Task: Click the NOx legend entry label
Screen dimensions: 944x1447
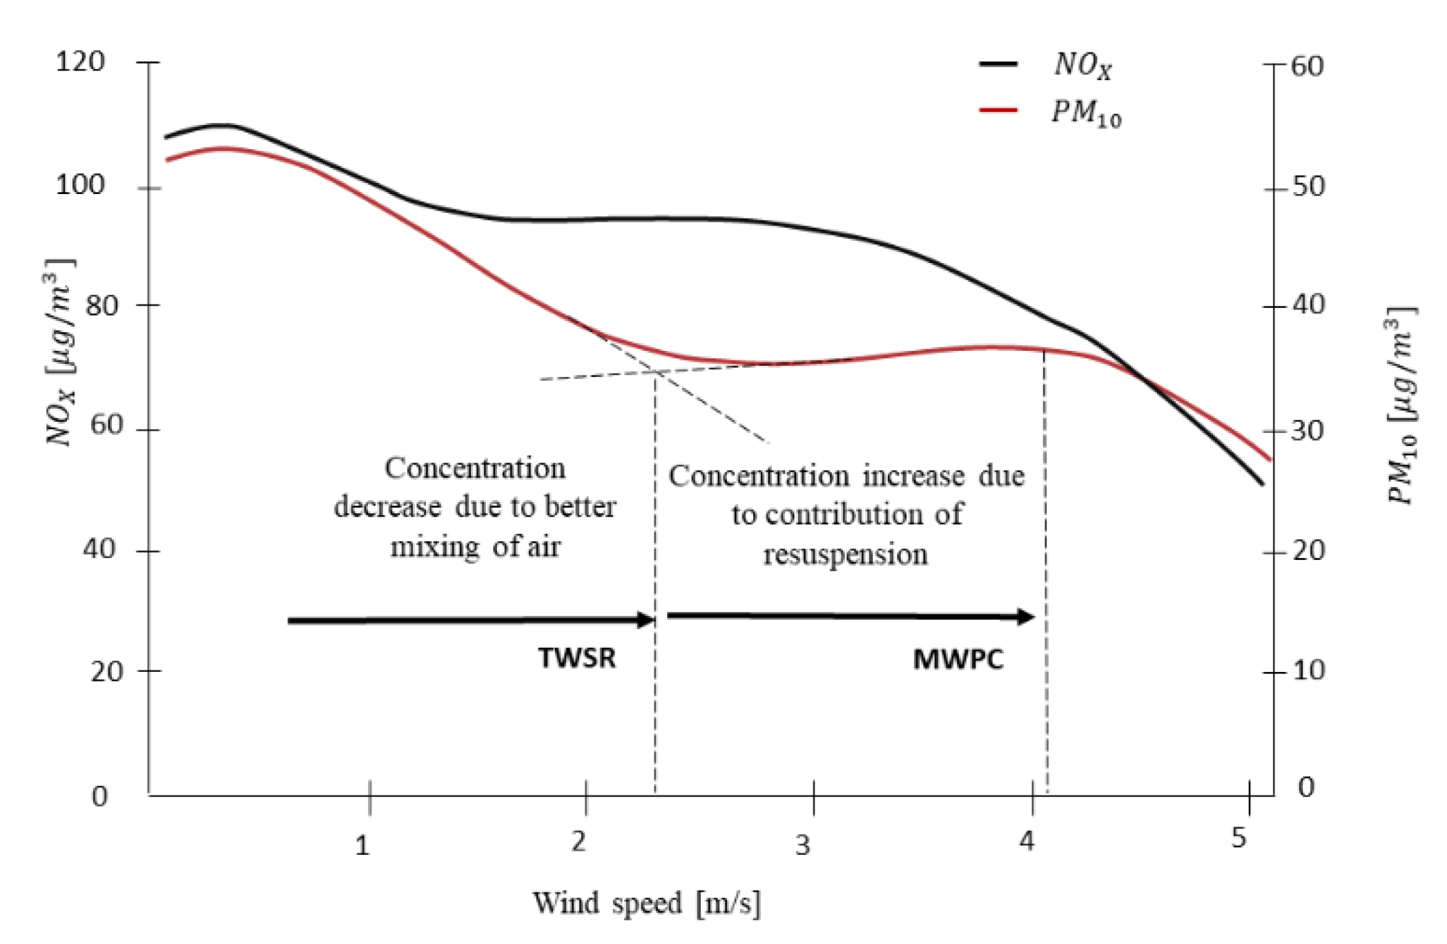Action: (x=1082, y=66)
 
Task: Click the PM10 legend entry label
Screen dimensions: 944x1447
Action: (x=1086, y=113)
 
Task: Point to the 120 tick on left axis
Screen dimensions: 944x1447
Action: (x=80, y=62)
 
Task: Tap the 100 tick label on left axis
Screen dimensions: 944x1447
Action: (x=80, y=185)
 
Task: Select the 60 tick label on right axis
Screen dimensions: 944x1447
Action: (x=1306, y=66)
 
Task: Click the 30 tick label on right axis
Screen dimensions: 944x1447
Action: (x=1308, y=431)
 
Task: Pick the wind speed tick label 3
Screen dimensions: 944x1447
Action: (x=802, y=845)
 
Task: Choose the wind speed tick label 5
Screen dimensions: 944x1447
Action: (x=1239, y=838)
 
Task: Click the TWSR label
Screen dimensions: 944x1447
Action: (x=577, y=658)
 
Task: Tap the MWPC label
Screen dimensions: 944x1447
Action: (x=958, y=659)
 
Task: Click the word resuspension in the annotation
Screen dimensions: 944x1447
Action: (x=845, y=555)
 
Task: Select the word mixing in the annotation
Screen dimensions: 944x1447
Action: (x=435, y=547)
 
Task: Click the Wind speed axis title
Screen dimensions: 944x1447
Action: (x=646, y=903)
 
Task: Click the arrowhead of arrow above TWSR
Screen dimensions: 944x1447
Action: (x=647, y=619)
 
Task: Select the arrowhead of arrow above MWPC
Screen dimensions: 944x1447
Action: (x=1027, y=617)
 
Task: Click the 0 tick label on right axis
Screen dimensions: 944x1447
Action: (x=1306, y=787)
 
